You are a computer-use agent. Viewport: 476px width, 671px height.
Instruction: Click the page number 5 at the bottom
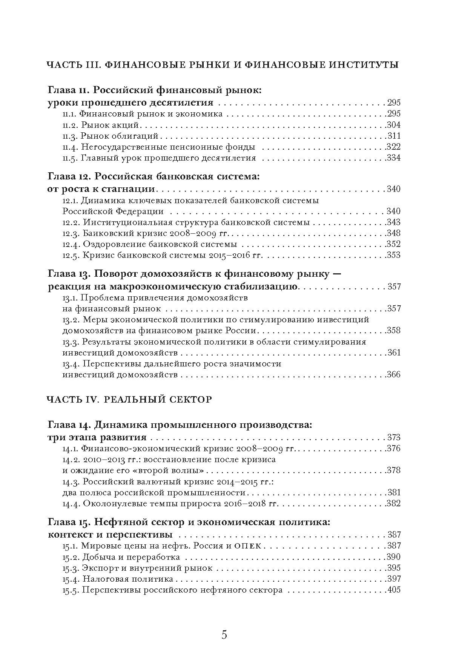tap(224, 635)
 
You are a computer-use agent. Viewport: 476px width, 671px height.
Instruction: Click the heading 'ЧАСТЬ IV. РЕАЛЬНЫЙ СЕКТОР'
tap(129, 400)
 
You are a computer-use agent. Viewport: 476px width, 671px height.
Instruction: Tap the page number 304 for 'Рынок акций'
tap(393, 125)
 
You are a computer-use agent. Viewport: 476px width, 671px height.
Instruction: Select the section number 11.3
tap(70, 136)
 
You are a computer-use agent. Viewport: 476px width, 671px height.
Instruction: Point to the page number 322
tap(393, 147)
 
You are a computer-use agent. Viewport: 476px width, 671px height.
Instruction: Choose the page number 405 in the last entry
tap(393, 590)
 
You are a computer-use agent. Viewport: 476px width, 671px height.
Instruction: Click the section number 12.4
tap(71, 244)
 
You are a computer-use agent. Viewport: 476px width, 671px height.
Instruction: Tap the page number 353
tap(393, 255)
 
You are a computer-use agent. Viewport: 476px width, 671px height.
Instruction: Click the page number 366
tap(393, 375)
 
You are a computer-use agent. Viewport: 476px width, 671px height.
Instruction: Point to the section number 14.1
tap(70, 449)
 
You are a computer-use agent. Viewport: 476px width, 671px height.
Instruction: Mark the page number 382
tap(393, 504)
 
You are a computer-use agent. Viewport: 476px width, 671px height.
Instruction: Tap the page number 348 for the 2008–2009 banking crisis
tap(393, 233)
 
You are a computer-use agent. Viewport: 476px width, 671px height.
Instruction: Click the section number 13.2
tap(71, 320)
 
